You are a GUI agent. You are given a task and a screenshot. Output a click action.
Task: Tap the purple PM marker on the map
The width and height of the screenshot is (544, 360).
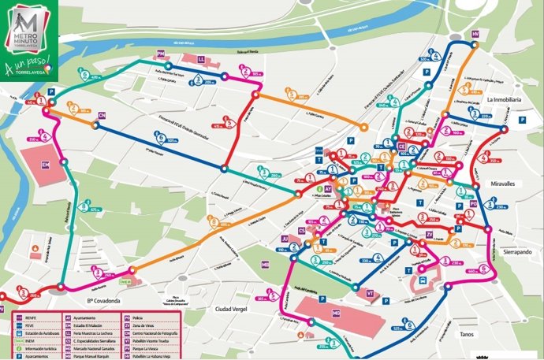tap(161, 54)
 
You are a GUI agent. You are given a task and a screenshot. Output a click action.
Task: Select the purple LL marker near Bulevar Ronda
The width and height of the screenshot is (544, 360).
tap(201, 59)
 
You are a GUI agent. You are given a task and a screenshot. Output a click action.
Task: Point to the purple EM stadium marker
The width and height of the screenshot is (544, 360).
tap(45, 165)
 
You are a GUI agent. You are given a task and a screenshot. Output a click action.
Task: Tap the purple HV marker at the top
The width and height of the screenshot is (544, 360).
tap(475, 35)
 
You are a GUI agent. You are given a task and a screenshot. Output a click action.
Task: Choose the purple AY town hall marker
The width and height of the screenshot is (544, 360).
tap(329, 190)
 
